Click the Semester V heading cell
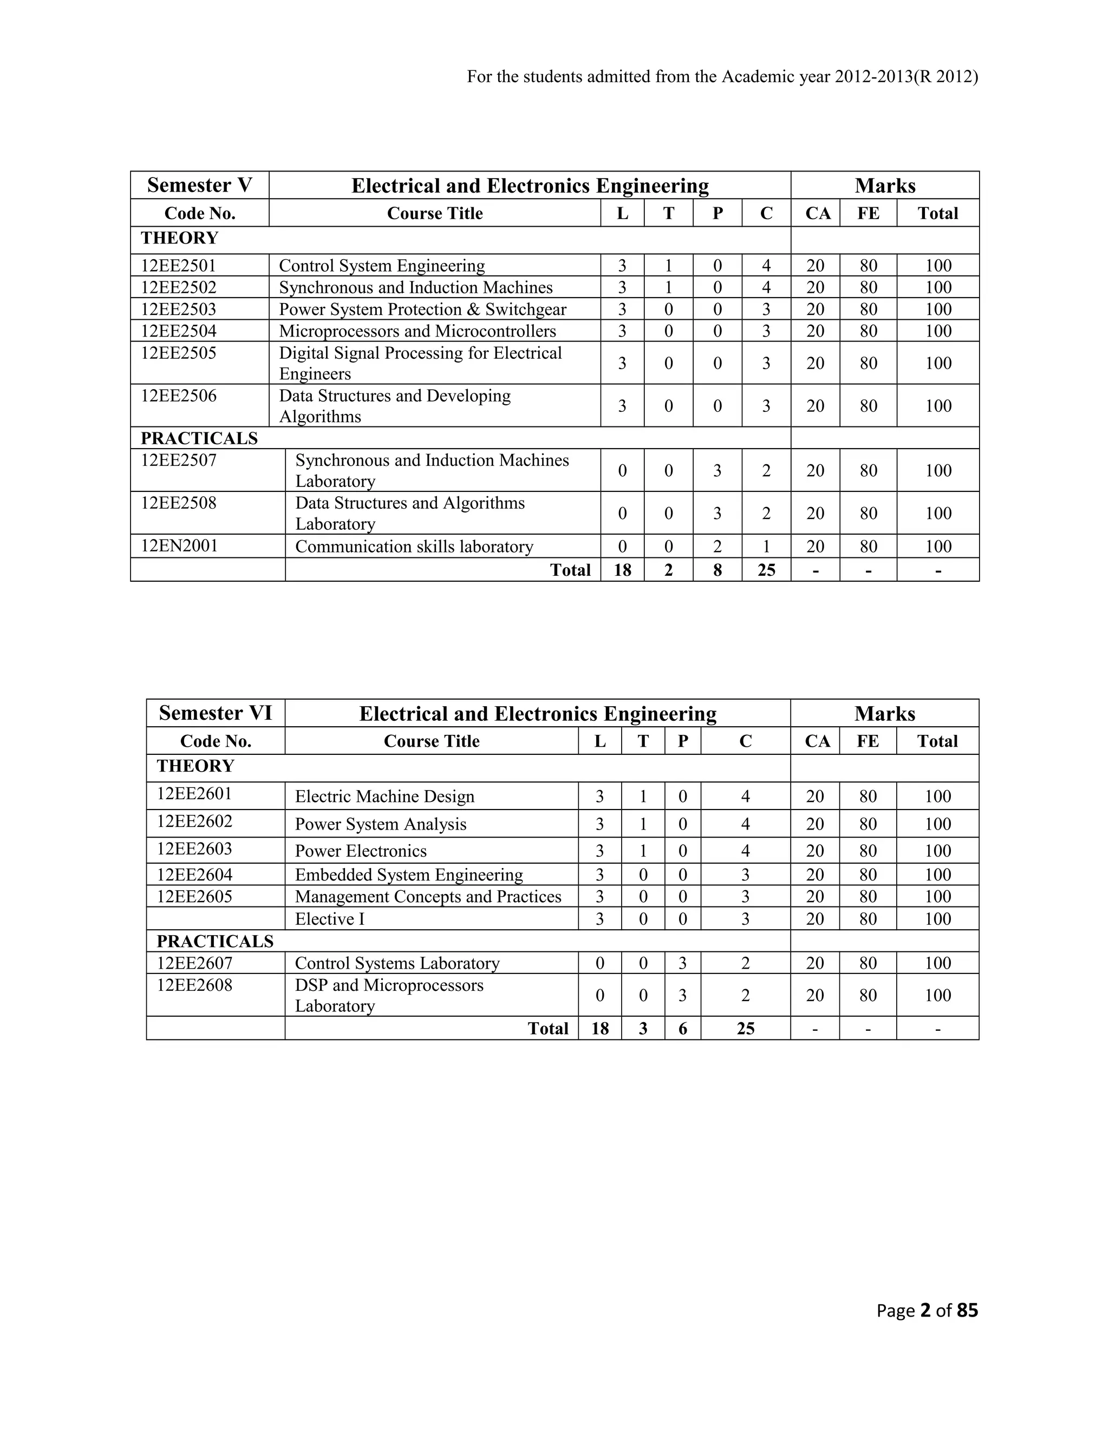coord(200,185)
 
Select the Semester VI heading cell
coord(216,713)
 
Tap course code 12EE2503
coord(179,309)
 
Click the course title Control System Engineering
coord(382,266)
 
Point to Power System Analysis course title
coord(380,824)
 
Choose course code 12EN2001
coord(179,547)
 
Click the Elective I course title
coord(330,919)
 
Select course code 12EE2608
coord(194,985)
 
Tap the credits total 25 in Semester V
coord(766,570)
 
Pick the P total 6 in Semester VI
coord(683,1028)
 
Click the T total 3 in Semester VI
coord(643,1028)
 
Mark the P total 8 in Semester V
coord(717,570)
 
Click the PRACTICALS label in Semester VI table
coord(215,942)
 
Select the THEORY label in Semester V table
coord(179,238)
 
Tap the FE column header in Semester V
coord(868,213)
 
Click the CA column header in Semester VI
coord(817,741)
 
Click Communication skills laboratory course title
coord(414,547)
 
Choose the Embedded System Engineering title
coord(409,875)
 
